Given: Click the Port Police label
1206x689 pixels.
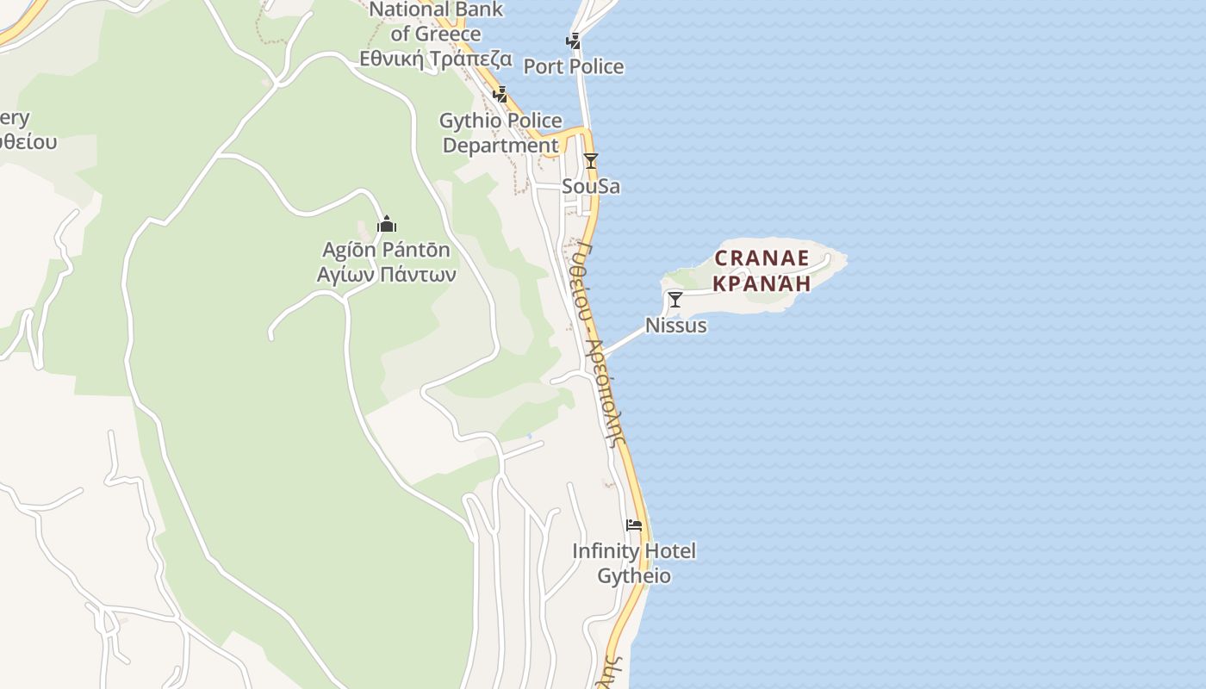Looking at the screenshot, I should [x=573, y=66].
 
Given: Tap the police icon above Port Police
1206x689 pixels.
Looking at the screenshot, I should [x=573, y=40].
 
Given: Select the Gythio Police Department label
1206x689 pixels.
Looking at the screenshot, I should [x=500, y=133].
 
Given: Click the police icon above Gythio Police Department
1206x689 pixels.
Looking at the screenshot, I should [x=500, y=94].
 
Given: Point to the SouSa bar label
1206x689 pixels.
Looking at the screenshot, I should [x=590, y=186].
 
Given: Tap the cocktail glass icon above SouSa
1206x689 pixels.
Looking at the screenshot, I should [x=590, y=161].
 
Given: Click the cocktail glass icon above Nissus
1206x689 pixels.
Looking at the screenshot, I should [x=675, y=300].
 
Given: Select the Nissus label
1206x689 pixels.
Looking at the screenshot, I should [x=675, y=326].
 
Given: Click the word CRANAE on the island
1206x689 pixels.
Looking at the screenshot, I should [x=762, y=258].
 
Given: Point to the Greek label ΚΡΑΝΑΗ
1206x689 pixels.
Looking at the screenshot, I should [x=762, y=282].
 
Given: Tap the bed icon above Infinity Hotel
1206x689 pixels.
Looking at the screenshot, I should [x=634, y=525].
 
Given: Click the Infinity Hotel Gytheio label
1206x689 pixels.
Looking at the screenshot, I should [x=634, y=562].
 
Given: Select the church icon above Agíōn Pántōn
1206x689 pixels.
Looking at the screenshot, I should [x=387, y=225].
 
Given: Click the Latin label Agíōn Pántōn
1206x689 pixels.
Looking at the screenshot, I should [x=386, y=250].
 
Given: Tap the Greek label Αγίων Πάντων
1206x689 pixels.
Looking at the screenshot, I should [x=386, y=275].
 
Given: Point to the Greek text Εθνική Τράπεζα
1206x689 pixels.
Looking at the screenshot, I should [x=436, y=59].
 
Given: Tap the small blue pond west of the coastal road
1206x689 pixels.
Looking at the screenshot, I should [x=529, y=436].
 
